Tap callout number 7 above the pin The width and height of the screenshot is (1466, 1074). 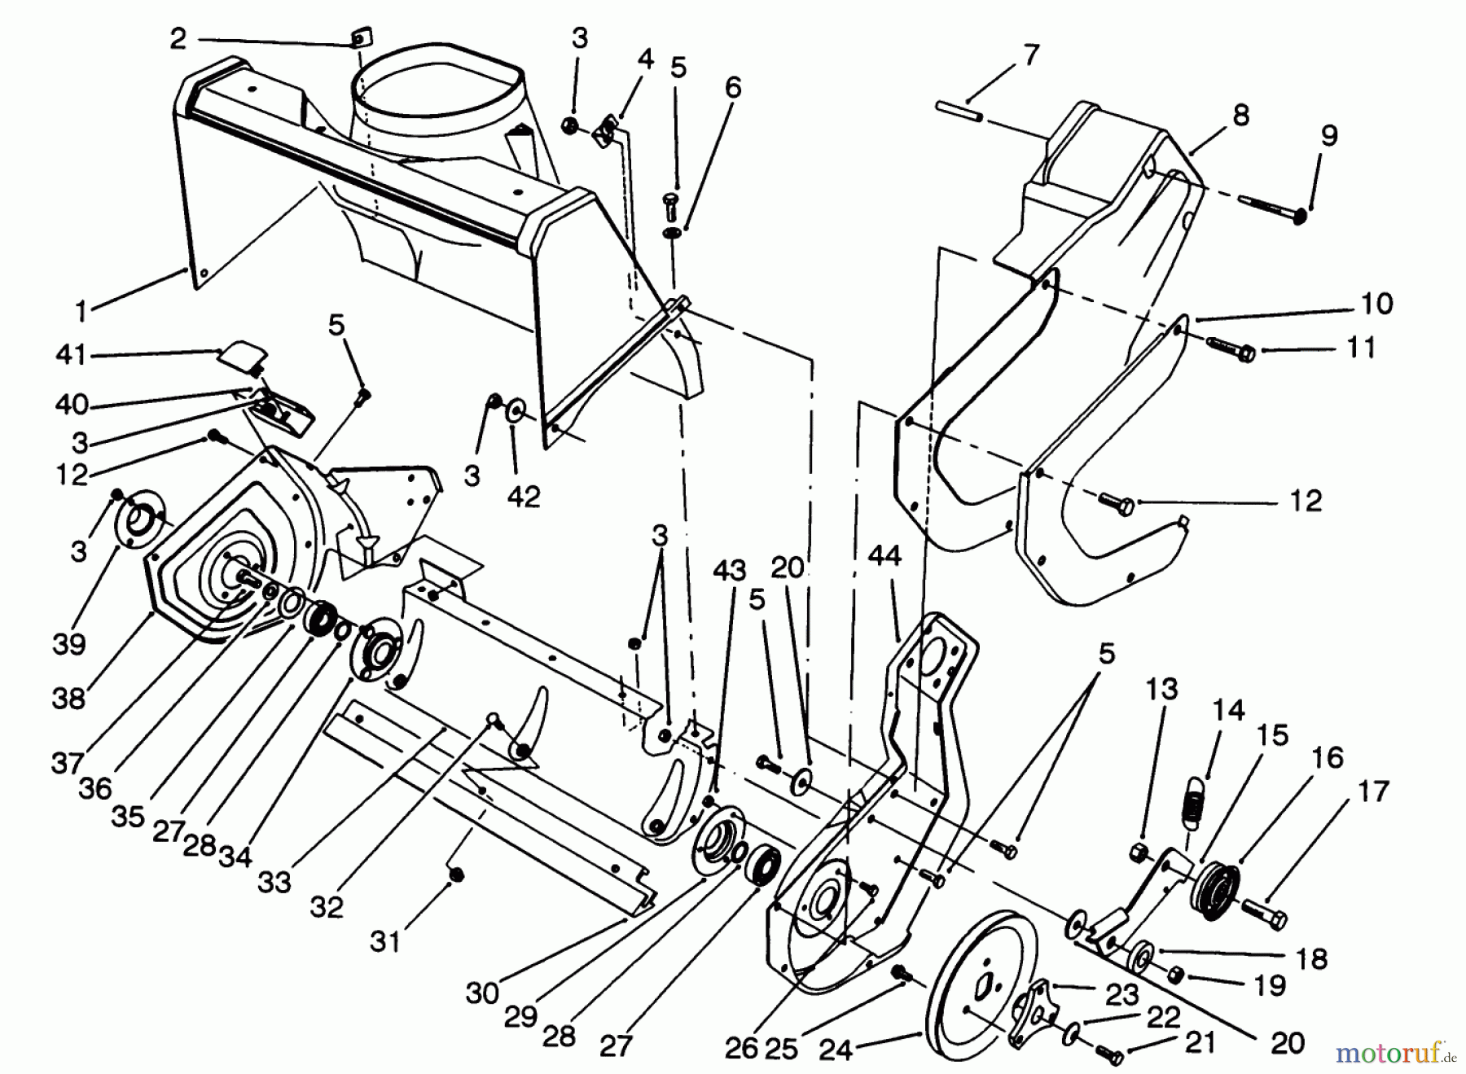point(1030,55)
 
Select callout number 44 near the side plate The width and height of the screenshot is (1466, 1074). point(884,556)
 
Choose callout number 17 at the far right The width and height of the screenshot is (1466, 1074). point(1373,791)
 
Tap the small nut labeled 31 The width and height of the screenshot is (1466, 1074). point(457,875)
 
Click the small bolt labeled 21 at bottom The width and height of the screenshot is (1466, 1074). point(1108,1054)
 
